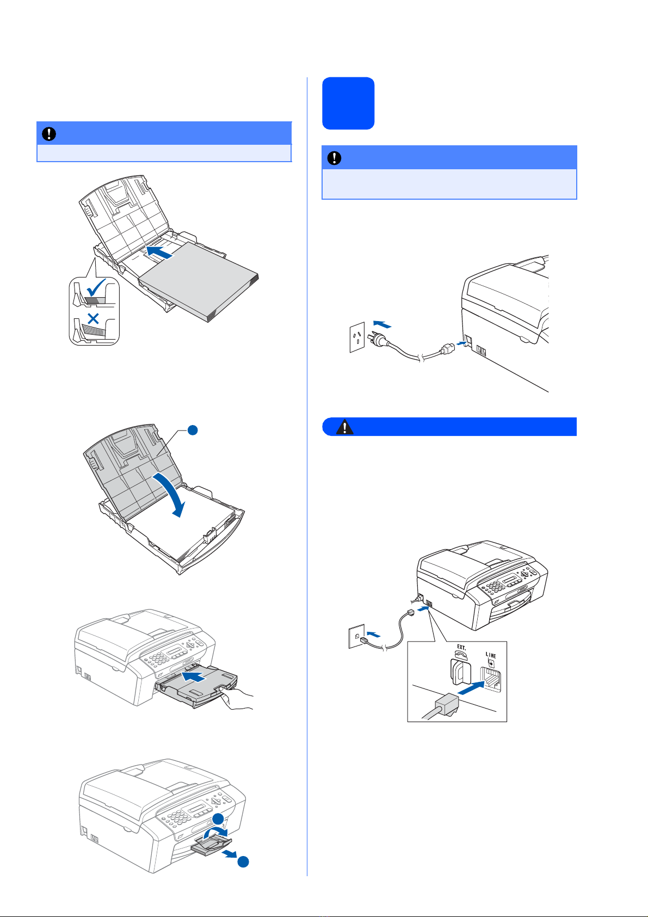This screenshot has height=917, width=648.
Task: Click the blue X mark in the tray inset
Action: click(94, 318)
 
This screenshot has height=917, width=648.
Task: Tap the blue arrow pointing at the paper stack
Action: click(159, 252)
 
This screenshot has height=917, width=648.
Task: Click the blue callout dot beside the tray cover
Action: click(193, 430)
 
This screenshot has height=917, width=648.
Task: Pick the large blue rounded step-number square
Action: click(348, 103)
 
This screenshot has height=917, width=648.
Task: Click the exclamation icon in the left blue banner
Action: click(49, 134)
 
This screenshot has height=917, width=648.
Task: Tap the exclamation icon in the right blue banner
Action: click(335, 158)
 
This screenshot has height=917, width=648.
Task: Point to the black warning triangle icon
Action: click(344, 427)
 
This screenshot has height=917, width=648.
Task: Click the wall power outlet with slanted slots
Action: click(357, 337)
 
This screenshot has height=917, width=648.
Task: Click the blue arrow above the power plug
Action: click(382, 324)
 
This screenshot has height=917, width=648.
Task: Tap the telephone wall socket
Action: click(356, 636)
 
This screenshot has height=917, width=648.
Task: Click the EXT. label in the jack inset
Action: click(461, 647)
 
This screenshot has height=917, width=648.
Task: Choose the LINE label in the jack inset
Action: click(491, 655)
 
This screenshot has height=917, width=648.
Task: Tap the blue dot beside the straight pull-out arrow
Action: click(243, 861)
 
